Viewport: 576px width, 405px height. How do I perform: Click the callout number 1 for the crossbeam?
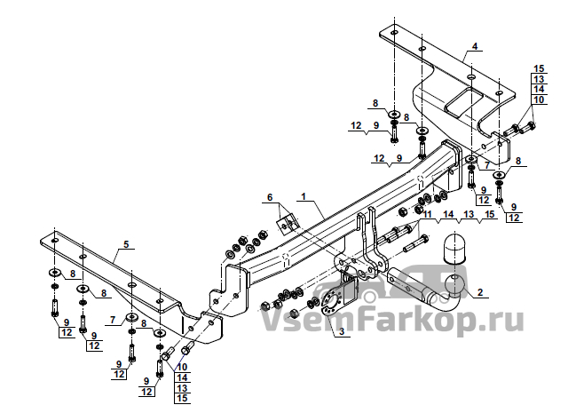(x=304, y=196)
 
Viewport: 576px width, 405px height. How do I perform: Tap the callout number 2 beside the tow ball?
(x=480, y=292)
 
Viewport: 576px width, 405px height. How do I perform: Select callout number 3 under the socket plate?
(x=342, y=331)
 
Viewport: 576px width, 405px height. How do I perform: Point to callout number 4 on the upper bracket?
(x=475, y=47)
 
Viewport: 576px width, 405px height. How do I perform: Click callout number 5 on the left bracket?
(x=126, y=244)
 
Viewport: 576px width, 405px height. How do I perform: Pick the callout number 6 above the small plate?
(x=270, y=198)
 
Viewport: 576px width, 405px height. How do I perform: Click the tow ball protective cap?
(x=454, y=248)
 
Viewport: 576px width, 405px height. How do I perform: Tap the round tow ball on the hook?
(x=454, y=285)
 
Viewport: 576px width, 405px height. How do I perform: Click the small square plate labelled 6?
(x=288, y=223)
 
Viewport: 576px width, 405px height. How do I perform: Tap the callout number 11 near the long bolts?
(x=427, y=214)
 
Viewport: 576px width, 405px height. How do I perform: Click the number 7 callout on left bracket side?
(x=113, y=320)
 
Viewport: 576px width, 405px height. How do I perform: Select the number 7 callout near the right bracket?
(x=487, y=166)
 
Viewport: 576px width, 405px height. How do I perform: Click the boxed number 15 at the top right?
(x=539, y=68)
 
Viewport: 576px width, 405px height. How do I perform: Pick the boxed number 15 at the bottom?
(x=182, y=398)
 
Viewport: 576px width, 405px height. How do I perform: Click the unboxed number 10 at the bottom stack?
(x=182, y=367)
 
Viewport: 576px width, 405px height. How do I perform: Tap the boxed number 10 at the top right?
(x=539, y=99)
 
